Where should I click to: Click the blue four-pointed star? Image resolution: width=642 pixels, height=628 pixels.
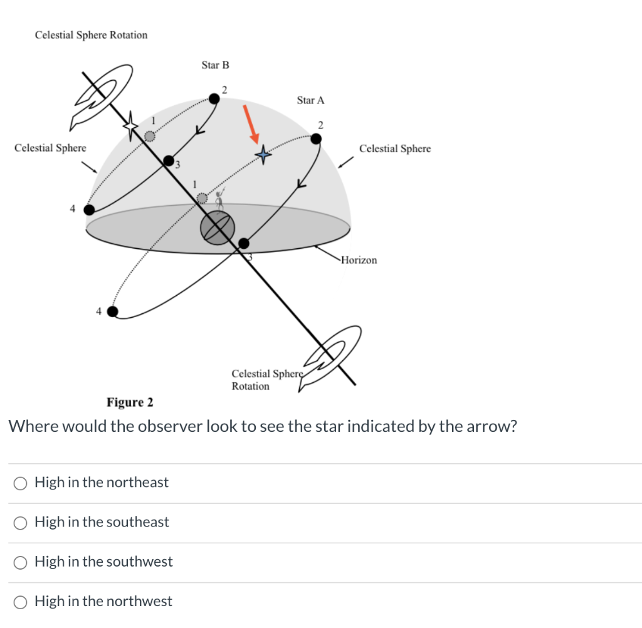[263, 154]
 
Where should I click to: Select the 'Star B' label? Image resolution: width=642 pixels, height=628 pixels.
[215, 65]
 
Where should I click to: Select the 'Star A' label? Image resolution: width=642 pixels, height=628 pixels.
[310, 100]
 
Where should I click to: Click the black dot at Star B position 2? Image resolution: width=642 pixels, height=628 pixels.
[214, 98]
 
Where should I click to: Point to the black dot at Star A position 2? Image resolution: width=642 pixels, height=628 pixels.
[317, 139]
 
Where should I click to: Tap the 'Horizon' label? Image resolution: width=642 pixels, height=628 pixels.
[359, 260]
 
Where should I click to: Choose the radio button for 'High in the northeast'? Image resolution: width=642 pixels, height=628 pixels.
[21, 483]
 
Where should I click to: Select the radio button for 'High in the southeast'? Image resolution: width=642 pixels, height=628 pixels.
[21, 522]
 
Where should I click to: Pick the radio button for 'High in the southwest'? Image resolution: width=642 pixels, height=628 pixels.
[21, 562]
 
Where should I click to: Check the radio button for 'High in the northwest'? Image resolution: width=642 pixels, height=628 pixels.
[21, 602]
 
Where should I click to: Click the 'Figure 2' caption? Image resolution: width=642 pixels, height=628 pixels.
[130, 402]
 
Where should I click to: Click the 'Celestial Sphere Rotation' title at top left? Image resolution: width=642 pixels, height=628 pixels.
[91, 35]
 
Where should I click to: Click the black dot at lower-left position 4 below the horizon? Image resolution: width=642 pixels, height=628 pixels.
[112, 311]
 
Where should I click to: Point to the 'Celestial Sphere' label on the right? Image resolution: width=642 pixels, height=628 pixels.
[395, 149]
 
